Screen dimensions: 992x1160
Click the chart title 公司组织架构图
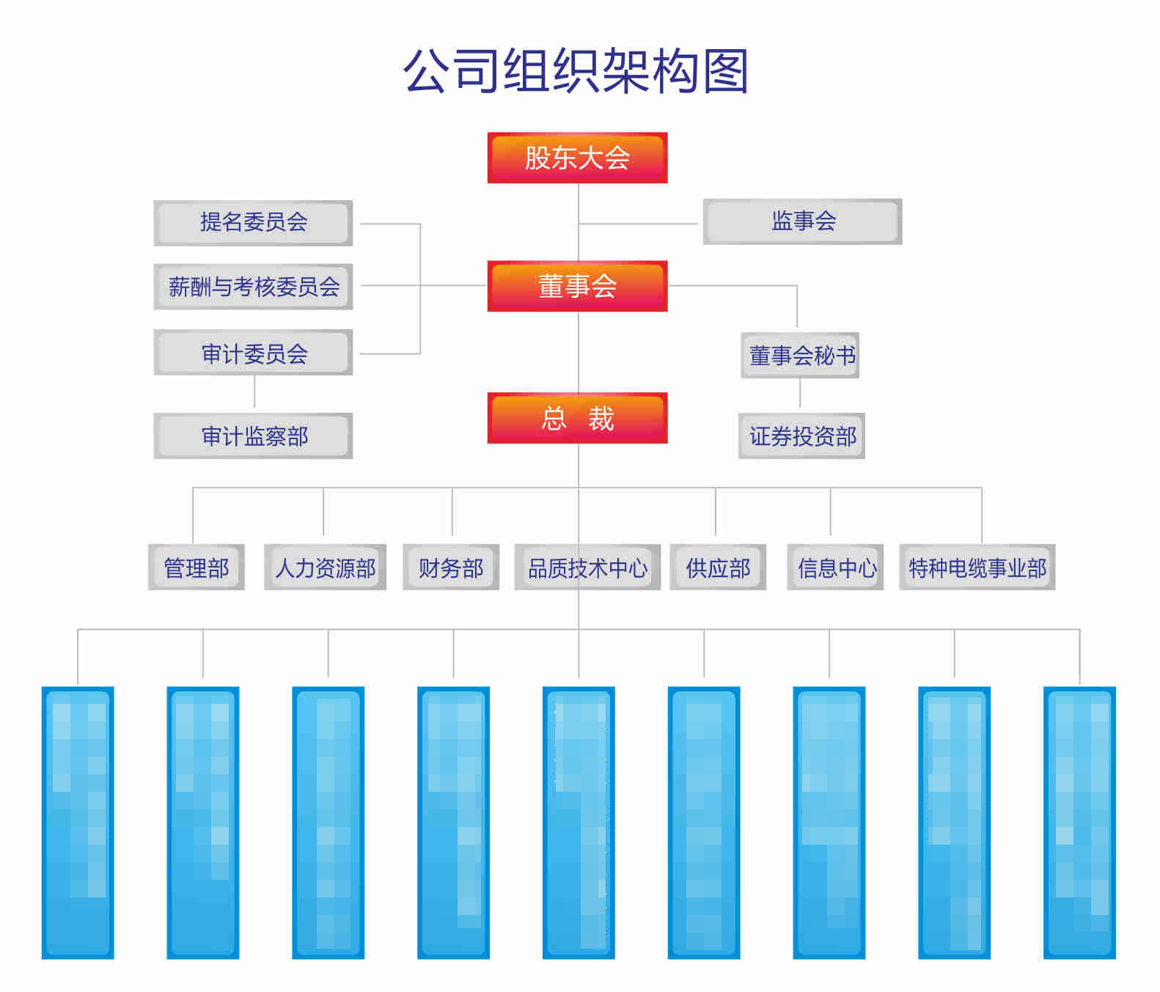[x=576, y=71]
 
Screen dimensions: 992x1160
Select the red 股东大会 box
[x=577, y=158]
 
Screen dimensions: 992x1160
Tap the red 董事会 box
[x=577, y=286]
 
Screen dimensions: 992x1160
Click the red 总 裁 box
[x=577, y=418]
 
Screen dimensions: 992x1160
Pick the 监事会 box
[x=802, y=221]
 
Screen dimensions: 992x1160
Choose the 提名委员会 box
[x=253, y=223]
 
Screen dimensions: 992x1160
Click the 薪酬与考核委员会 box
[x=253, y=287]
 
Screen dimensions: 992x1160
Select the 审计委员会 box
[x=253, y=353]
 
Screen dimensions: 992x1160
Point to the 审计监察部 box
[x=253, y=436]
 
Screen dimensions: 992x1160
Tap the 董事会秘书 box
[x=800, y=356]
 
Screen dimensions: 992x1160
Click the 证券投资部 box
[x=801, y=436]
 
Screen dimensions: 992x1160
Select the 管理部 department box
[x=196, y=567]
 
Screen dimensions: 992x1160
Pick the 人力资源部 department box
[x=325, y=567]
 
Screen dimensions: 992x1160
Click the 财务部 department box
[x=450, y=567]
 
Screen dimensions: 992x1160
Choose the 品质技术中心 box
[x=587, y=567]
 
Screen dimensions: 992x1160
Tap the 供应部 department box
[x=718, y=567]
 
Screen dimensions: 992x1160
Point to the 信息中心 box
[x=835, y=567]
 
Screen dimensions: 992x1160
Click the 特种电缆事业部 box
[x=977, y=567]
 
